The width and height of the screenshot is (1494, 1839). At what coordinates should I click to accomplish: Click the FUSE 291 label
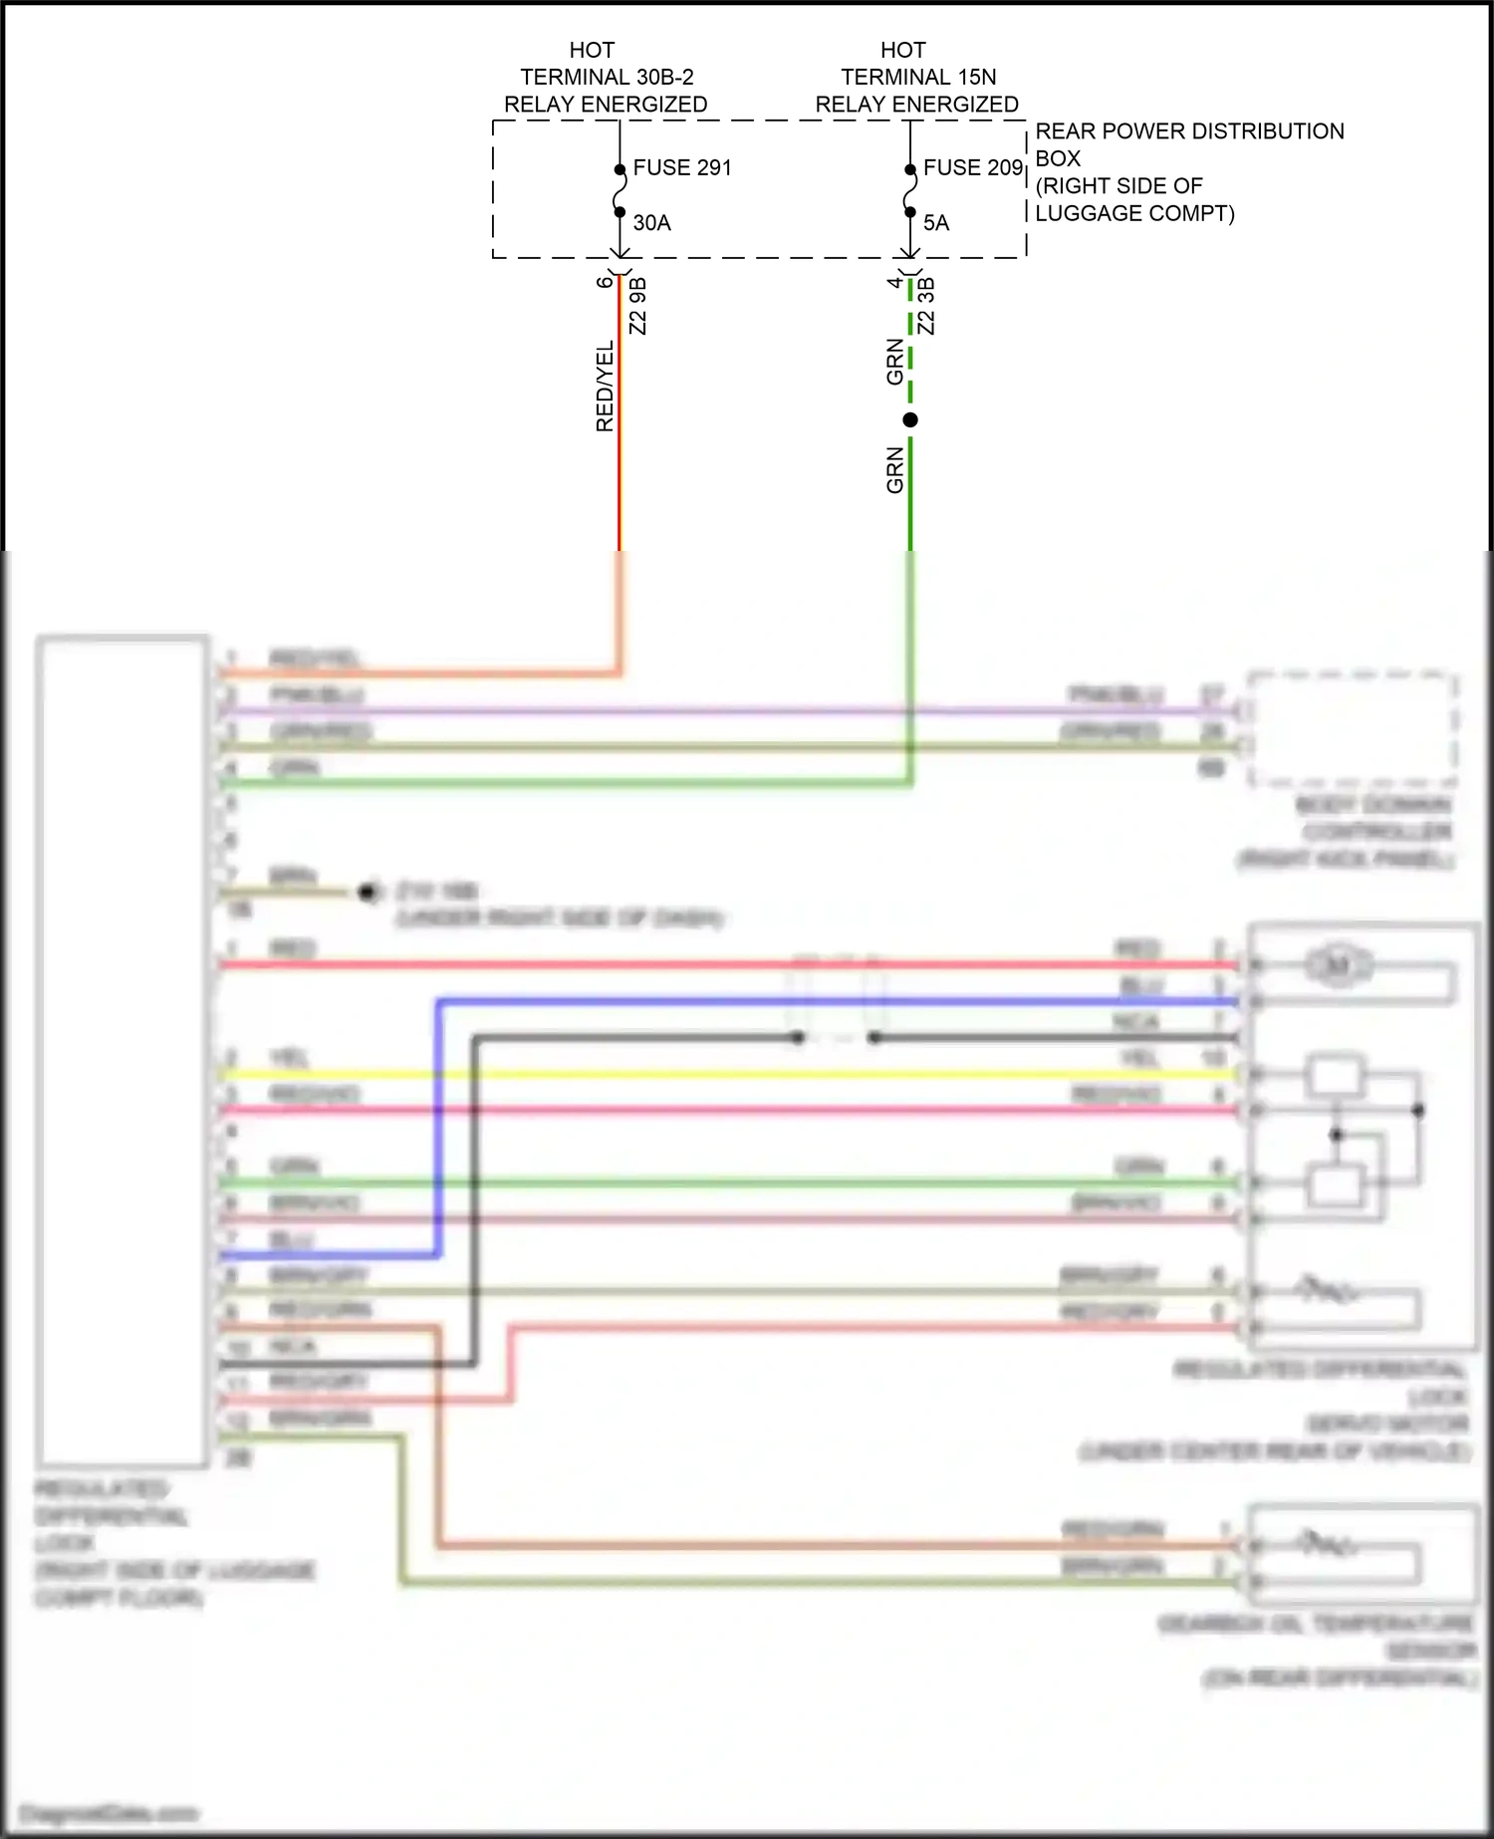click(682, 168)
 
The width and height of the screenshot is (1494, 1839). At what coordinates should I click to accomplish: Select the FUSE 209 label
click(973, 168)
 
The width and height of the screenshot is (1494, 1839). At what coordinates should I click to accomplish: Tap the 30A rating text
click(652, 223)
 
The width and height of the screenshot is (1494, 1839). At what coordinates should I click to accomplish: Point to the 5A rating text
click(936, 223)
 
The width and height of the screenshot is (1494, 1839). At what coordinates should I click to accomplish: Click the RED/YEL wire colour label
click(605, 387)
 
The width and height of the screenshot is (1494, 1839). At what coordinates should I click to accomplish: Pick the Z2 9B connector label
click(638, 306)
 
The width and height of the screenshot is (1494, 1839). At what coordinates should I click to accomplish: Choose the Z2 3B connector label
click(926, 306)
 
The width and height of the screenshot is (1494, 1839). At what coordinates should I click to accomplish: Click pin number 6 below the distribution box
click(605, 282)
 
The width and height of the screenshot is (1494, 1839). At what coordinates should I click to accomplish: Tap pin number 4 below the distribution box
click(894, 282)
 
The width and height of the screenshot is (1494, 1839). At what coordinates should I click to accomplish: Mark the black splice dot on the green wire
click(910, 420)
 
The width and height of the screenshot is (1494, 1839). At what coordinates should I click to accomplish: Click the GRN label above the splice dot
click(894, 362)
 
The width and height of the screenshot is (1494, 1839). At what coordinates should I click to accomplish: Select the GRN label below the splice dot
click(894, 470)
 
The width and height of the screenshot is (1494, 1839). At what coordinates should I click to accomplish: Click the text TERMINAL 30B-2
click(607, 78)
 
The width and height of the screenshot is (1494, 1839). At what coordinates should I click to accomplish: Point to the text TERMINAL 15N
click(918, 78)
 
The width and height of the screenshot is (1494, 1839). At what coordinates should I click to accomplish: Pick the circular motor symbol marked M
click(1338, 964)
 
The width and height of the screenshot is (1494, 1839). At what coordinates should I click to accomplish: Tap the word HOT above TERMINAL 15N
click(903, 50)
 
